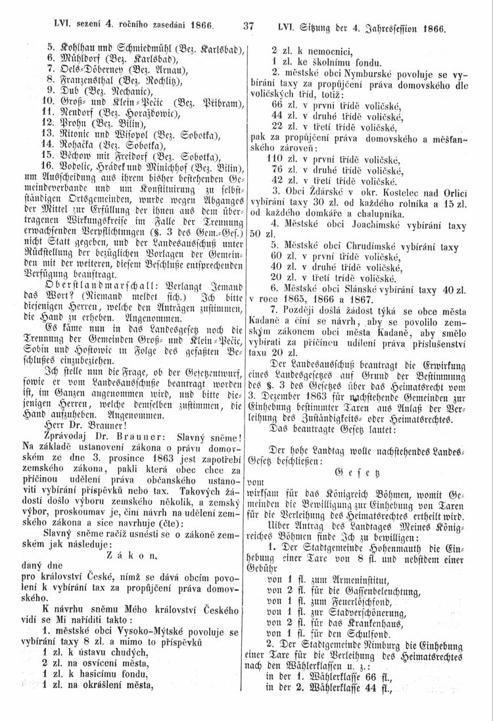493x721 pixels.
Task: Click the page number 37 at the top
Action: (248, 28)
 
